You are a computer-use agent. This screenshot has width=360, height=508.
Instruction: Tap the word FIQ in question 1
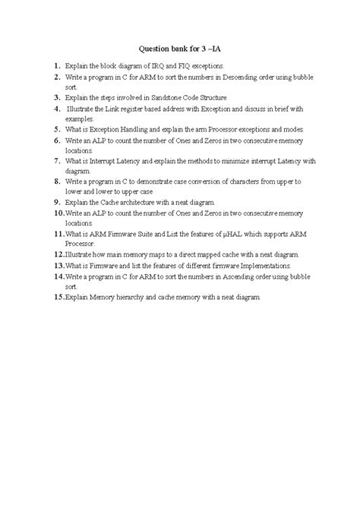tap(183, 66)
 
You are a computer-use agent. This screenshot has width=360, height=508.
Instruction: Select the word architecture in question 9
tap(137, 204)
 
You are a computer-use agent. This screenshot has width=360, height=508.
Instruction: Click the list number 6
tap(58, 140)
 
